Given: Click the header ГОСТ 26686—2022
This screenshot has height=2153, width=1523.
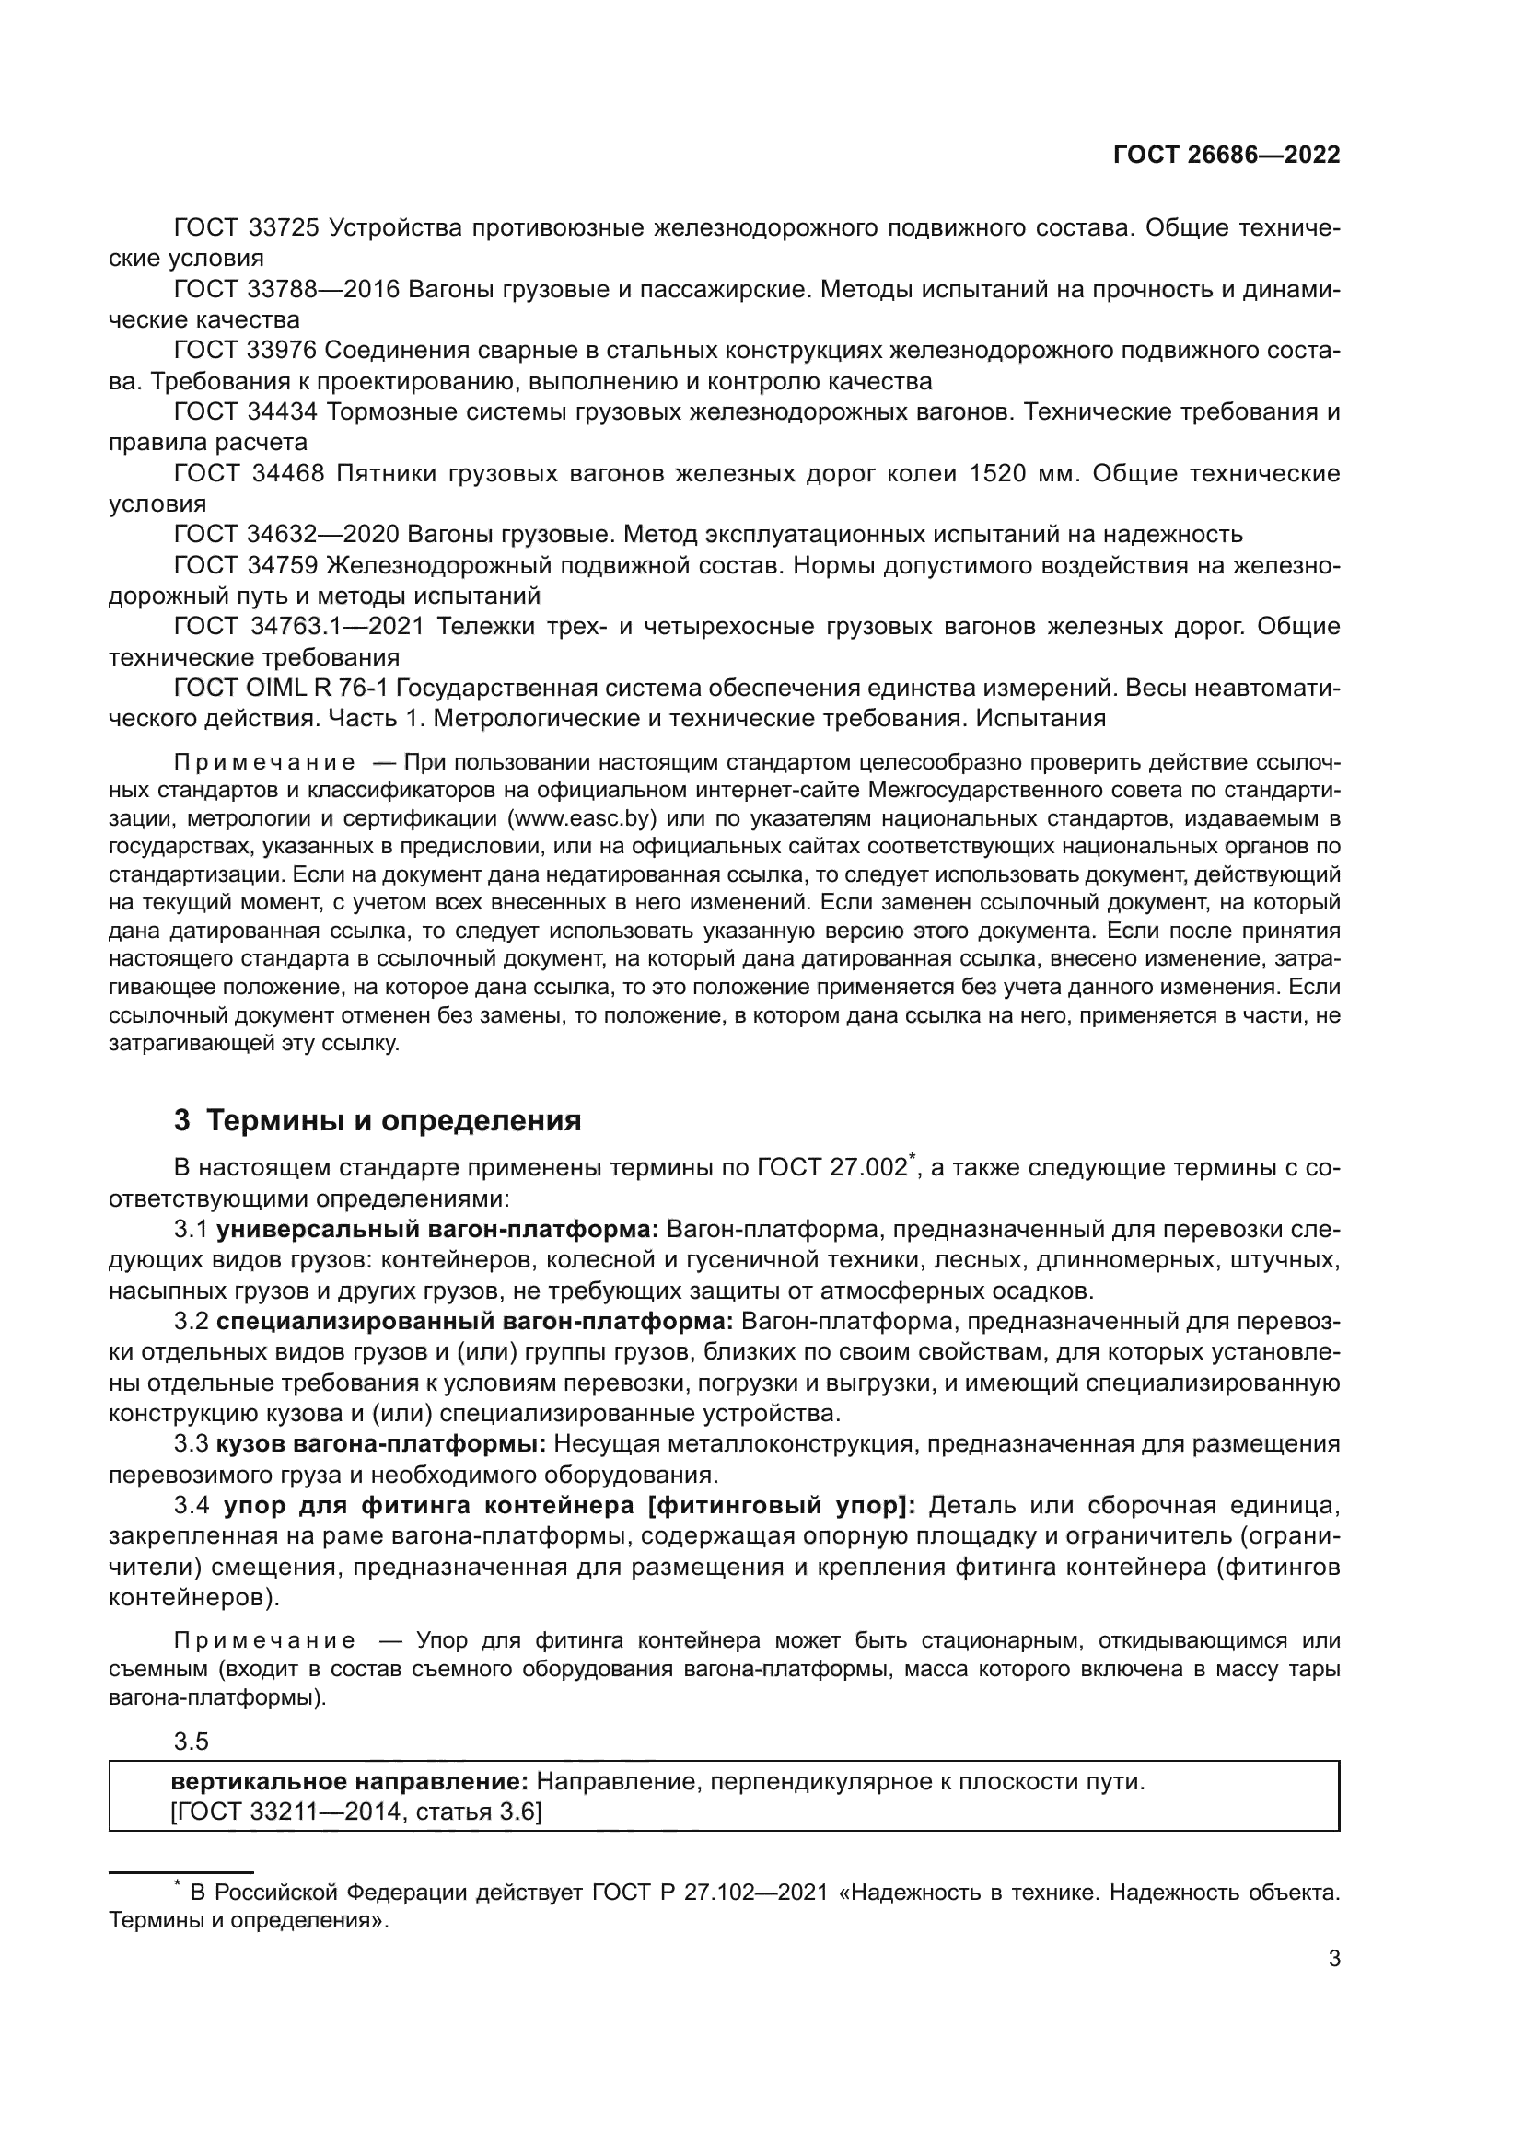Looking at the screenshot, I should [x=1226, y=156].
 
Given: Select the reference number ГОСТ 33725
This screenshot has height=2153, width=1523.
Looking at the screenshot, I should [x=247, y=228].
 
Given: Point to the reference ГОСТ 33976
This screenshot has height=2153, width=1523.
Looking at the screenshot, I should [x=247, y=350].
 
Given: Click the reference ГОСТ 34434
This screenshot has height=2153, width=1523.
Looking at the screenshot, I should [x=247, y=411].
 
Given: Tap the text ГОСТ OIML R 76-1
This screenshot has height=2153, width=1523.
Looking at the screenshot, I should [x=282, y=688].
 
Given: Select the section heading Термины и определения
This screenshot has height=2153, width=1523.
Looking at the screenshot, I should [x=394, y=1119].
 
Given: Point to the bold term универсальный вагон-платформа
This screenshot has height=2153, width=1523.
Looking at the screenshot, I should [x=437, y=1229].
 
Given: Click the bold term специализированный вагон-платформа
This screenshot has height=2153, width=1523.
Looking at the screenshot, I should [x=474, y=1321].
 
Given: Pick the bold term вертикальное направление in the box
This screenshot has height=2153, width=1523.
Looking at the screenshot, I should [x=350, y=1781].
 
